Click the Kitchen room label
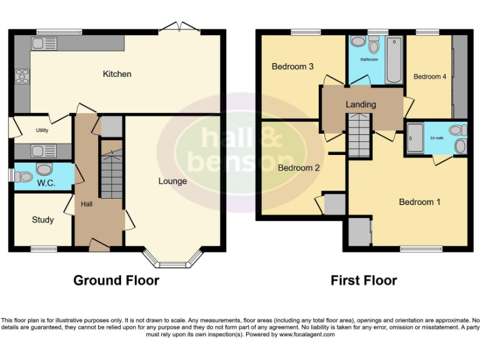pyautogui.click(x=117, y=74)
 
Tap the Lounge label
pyautogui.click(x=172, y=181)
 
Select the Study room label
pyautogui.click(x=42, y=219)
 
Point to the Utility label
pyautogui.click(x=42, y=131)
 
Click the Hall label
pyautogui.click(x=87, y=204)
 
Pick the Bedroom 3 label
pyautogui.click(x=292, y=66)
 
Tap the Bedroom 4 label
pyautogui.click(x=430, y=76)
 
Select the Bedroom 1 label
pyautogui.click(x=419, y=202)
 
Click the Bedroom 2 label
pyautogui.click(x=299, y=167)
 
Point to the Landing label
pyautogui.click(x=361, y=104)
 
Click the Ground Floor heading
pyautogui.click(x=116, y=280)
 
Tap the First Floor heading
pyautogui.click(x=364, y=280)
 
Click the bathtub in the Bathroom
pyautogui.click(x=394, y=60)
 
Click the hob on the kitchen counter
pyautogui.click(x=22, y=76)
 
